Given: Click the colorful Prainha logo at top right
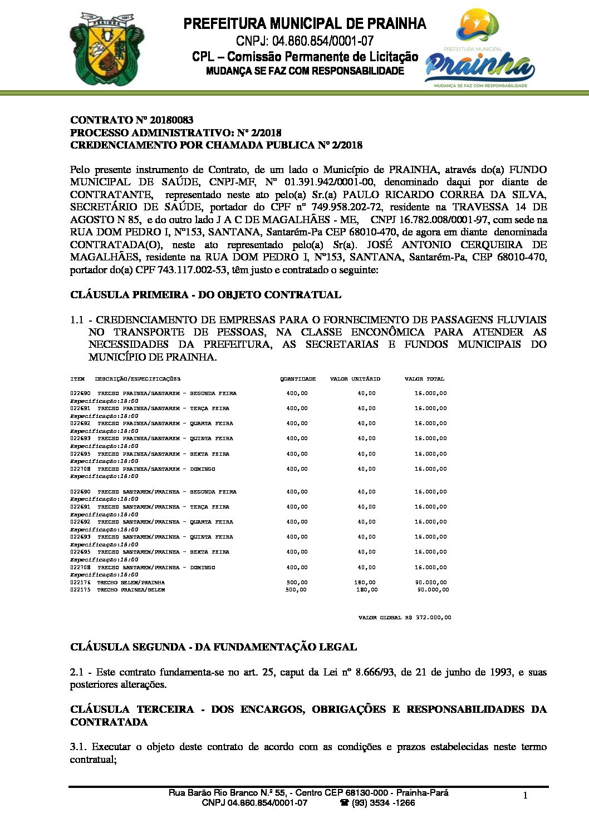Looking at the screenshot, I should point(479,49).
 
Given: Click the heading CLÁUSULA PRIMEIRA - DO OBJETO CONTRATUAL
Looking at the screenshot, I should point(205,295).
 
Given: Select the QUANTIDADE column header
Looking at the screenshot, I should point(298,379).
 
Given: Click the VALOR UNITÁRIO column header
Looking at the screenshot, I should point(355,379).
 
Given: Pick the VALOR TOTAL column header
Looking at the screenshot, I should point(424,379).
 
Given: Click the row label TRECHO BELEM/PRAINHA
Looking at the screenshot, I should point(131,583).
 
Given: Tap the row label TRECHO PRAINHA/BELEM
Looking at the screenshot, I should point(131,590).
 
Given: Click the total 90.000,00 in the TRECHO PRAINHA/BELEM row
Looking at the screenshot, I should point(433,590).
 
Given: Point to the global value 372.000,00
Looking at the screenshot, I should point(433,618).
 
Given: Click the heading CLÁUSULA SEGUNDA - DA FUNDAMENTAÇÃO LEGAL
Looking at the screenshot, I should point(213,647).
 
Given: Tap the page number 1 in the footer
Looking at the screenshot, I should point(525,796).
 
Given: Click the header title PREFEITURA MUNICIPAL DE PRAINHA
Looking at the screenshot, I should point(305,24).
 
